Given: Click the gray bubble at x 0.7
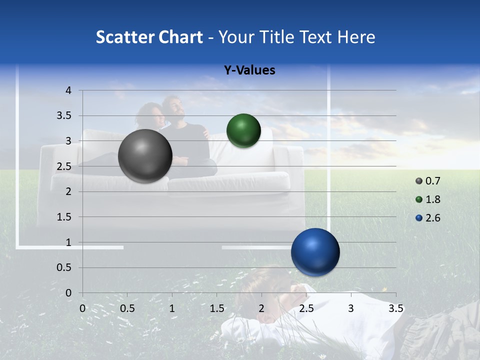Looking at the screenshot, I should [145, 156].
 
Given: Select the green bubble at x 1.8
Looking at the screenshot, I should [243, 131].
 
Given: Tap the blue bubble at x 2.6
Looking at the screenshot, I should [315, 252].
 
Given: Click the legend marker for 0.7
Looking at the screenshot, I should [419, 181].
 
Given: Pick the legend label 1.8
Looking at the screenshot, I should [432, 199].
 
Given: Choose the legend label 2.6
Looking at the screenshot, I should [432, 218].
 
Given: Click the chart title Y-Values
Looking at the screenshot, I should [249, 70].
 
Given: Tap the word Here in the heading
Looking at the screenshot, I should [355, 37].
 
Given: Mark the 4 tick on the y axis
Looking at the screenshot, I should [68, 90].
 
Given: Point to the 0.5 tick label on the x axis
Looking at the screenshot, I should [127, 308].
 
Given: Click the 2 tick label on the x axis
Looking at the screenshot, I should [261, 308].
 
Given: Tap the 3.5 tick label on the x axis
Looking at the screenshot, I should [396, 308].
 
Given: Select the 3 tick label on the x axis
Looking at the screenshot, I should [351, 308].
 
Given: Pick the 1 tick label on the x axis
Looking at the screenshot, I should [172, 308].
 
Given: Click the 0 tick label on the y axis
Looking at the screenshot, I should [68, 293].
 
